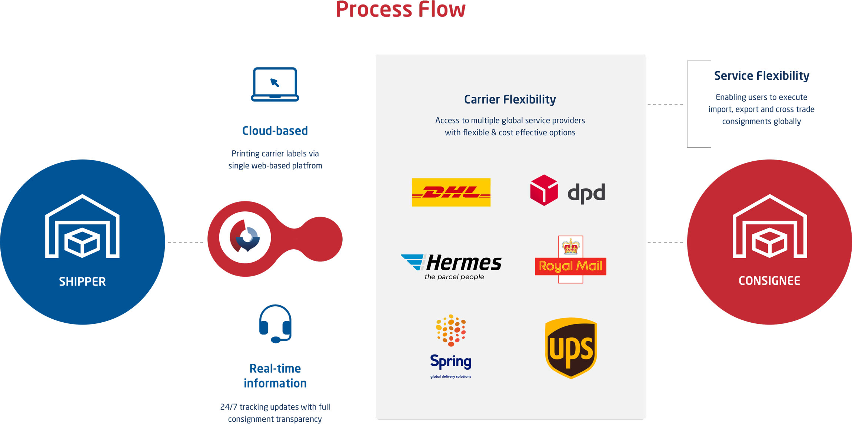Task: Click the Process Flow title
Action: coord(400,9)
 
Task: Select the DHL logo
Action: coord(451,192)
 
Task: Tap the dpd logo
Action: coord(568,191)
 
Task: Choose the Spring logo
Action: coord(451,347)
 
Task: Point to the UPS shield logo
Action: coord(571,348)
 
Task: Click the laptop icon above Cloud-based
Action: coord(275,84)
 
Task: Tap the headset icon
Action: coord(275,323)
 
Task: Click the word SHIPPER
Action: coord(82,282)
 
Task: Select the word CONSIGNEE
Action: coord(769,281)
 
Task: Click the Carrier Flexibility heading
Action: coord(510,99)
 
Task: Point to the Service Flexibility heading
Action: coord(761,76)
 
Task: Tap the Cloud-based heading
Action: coord(275,131)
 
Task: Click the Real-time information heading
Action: coord(275,376)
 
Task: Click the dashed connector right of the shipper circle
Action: coord(186,242)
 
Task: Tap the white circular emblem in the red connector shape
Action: coord(245,238)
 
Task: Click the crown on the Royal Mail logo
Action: coord(570,246)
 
